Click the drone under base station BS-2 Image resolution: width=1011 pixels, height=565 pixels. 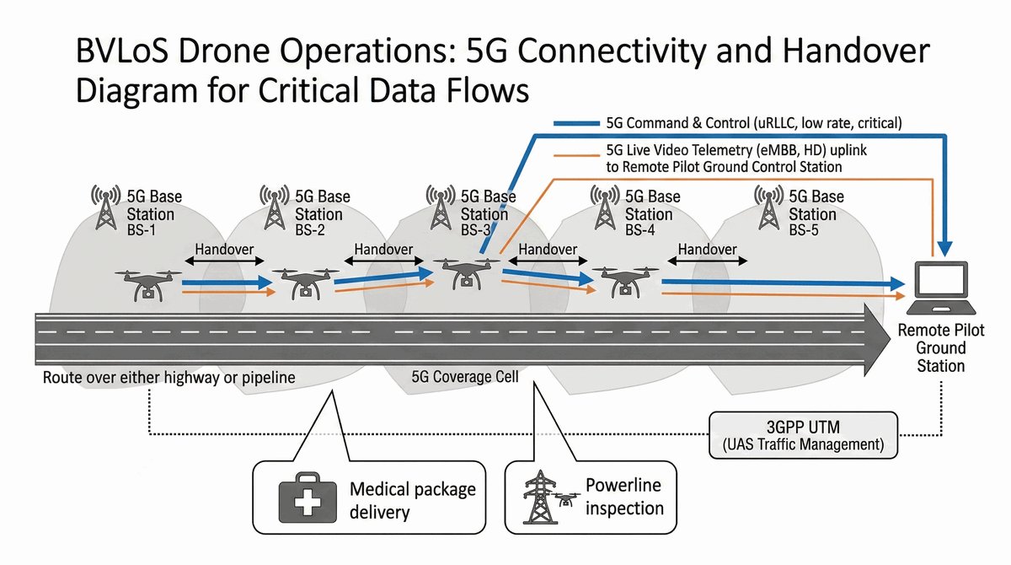tap(302, 284)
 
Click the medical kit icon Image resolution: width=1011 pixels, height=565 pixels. tap(301, 500)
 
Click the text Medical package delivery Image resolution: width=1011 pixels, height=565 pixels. tap(412, 500)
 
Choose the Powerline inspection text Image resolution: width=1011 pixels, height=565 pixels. tap(623, 497)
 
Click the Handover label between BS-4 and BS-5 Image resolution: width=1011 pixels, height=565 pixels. tap(707, 250)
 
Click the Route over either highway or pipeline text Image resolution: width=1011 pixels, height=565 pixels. tap(168, 377)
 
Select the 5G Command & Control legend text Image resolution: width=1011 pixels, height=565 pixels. tap(753, 123)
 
